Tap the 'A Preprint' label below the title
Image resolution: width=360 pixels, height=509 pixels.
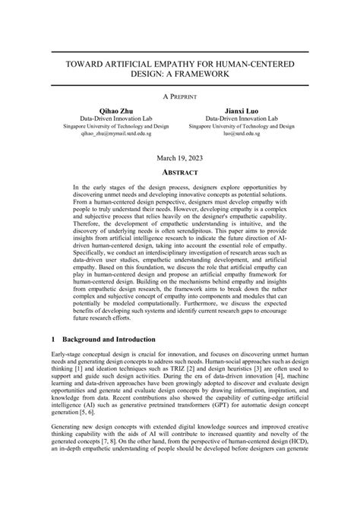(179, 99)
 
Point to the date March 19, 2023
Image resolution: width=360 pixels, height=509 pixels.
(179, 158)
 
